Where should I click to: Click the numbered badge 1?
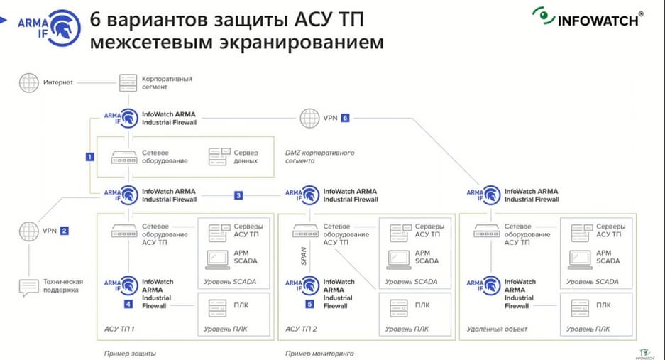89,156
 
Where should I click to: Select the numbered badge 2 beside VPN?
64,230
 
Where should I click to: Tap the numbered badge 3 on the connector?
239,195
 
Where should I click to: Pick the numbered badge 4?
128,304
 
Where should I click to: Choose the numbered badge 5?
309,304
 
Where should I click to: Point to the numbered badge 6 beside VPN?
346,118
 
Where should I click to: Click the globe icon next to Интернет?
28,82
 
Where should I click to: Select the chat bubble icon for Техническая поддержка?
28,287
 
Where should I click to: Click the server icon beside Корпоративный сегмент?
128,82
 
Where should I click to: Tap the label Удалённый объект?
490,329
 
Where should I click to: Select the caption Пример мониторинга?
319,353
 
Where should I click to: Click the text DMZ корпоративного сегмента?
319,157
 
